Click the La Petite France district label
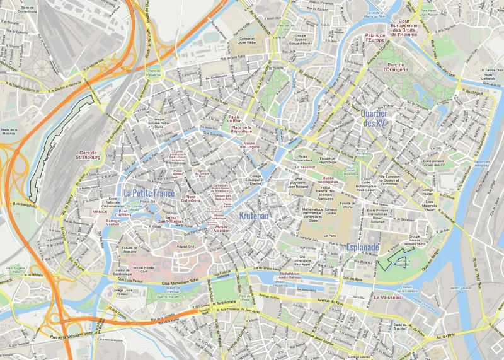(149, 193)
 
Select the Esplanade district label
(362, 247)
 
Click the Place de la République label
(240, 130)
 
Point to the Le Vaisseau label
(388, 296)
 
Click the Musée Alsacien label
(221, 229)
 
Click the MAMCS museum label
(100, 212)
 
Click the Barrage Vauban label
(112, 222)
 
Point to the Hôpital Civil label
(186, 247)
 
